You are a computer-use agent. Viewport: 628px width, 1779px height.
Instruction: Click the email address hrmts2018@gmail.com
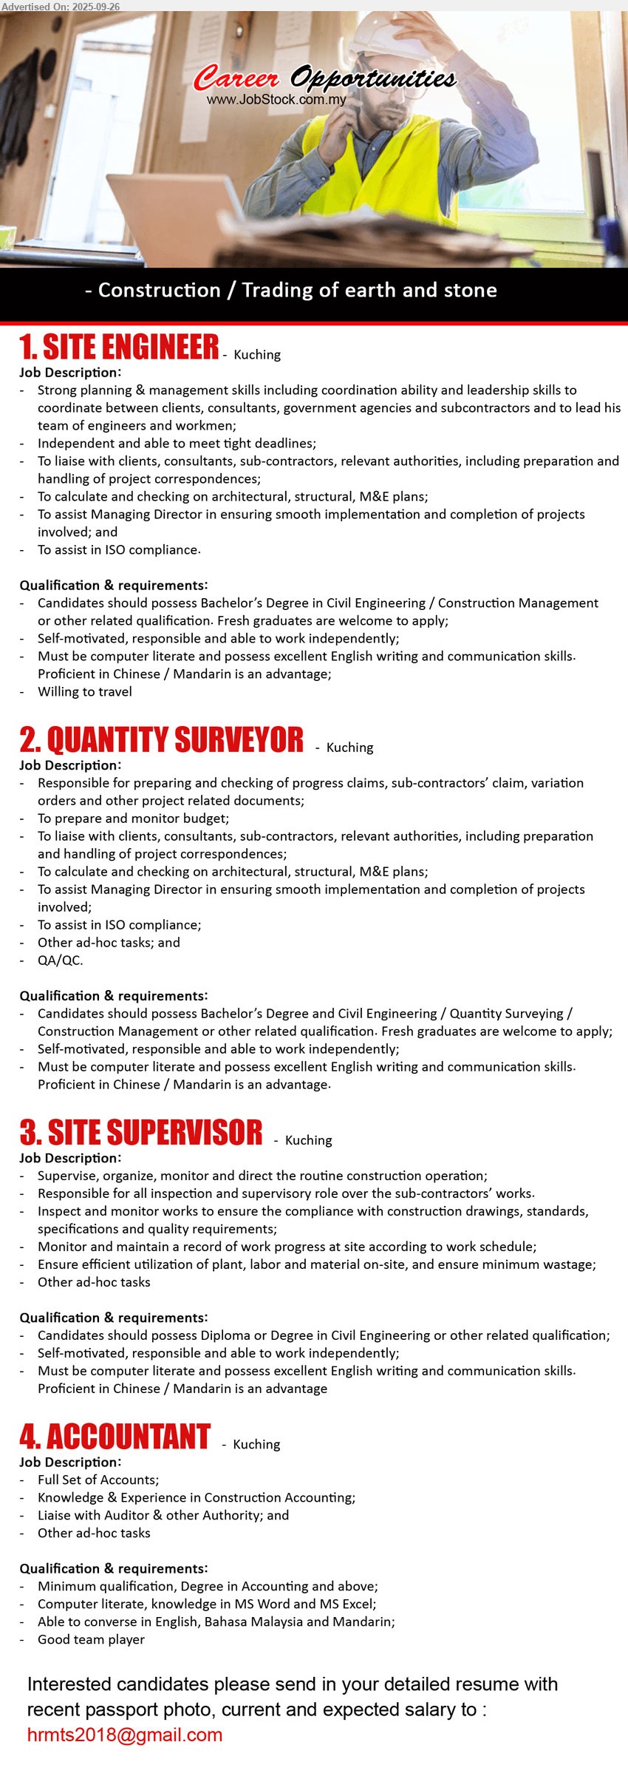tap(124, 1735)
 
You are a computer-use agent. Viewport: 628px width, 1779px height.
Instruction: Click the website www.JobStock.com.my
tap(276, 100)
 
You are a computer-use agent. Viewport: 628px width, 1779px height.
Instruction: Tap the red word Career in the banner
tap(236, 78)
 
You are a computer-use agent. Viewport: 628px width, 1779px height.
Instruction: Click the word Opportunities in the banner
tap(373, 78)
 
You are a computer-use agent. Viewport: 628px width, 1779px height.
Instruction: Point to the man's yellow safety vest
tap(384, 170)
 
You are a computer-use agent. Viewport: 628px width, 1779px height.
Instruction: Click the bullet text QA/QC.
tap(61, 960)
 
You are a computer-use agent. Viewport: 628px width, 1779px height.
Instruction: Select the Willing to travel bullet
tap(85, 692)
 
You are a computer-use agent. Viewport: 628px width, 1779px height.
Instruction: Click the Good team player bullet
tap(91, 1639)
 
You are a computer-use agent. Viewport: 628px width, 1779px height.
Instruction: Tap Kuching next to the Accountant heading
tap(256, 1444)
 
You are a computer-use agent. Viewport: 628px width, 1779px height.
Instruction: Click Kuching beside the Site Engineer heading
tap(257, 355)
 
